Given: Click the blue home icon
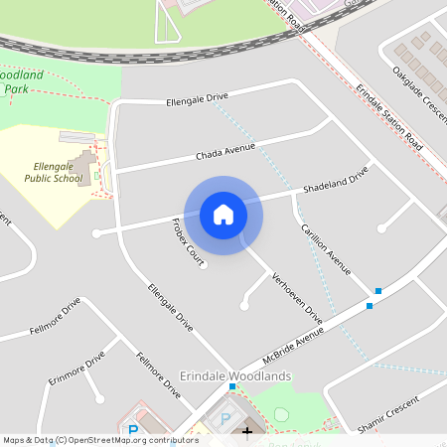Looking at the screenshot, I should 223,215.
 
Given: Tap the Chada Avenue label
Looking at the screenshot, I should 225,151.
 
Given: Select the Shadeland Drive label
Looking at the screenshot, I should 336,179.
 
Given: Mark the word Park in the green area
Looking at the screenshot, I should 15,88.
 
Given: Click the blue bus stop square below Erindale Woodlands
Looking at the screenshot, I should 232,386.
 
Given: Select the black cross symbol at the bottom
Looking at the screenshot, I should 247,431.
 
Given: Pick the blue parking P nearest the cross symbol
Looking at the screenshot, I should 225,419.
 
